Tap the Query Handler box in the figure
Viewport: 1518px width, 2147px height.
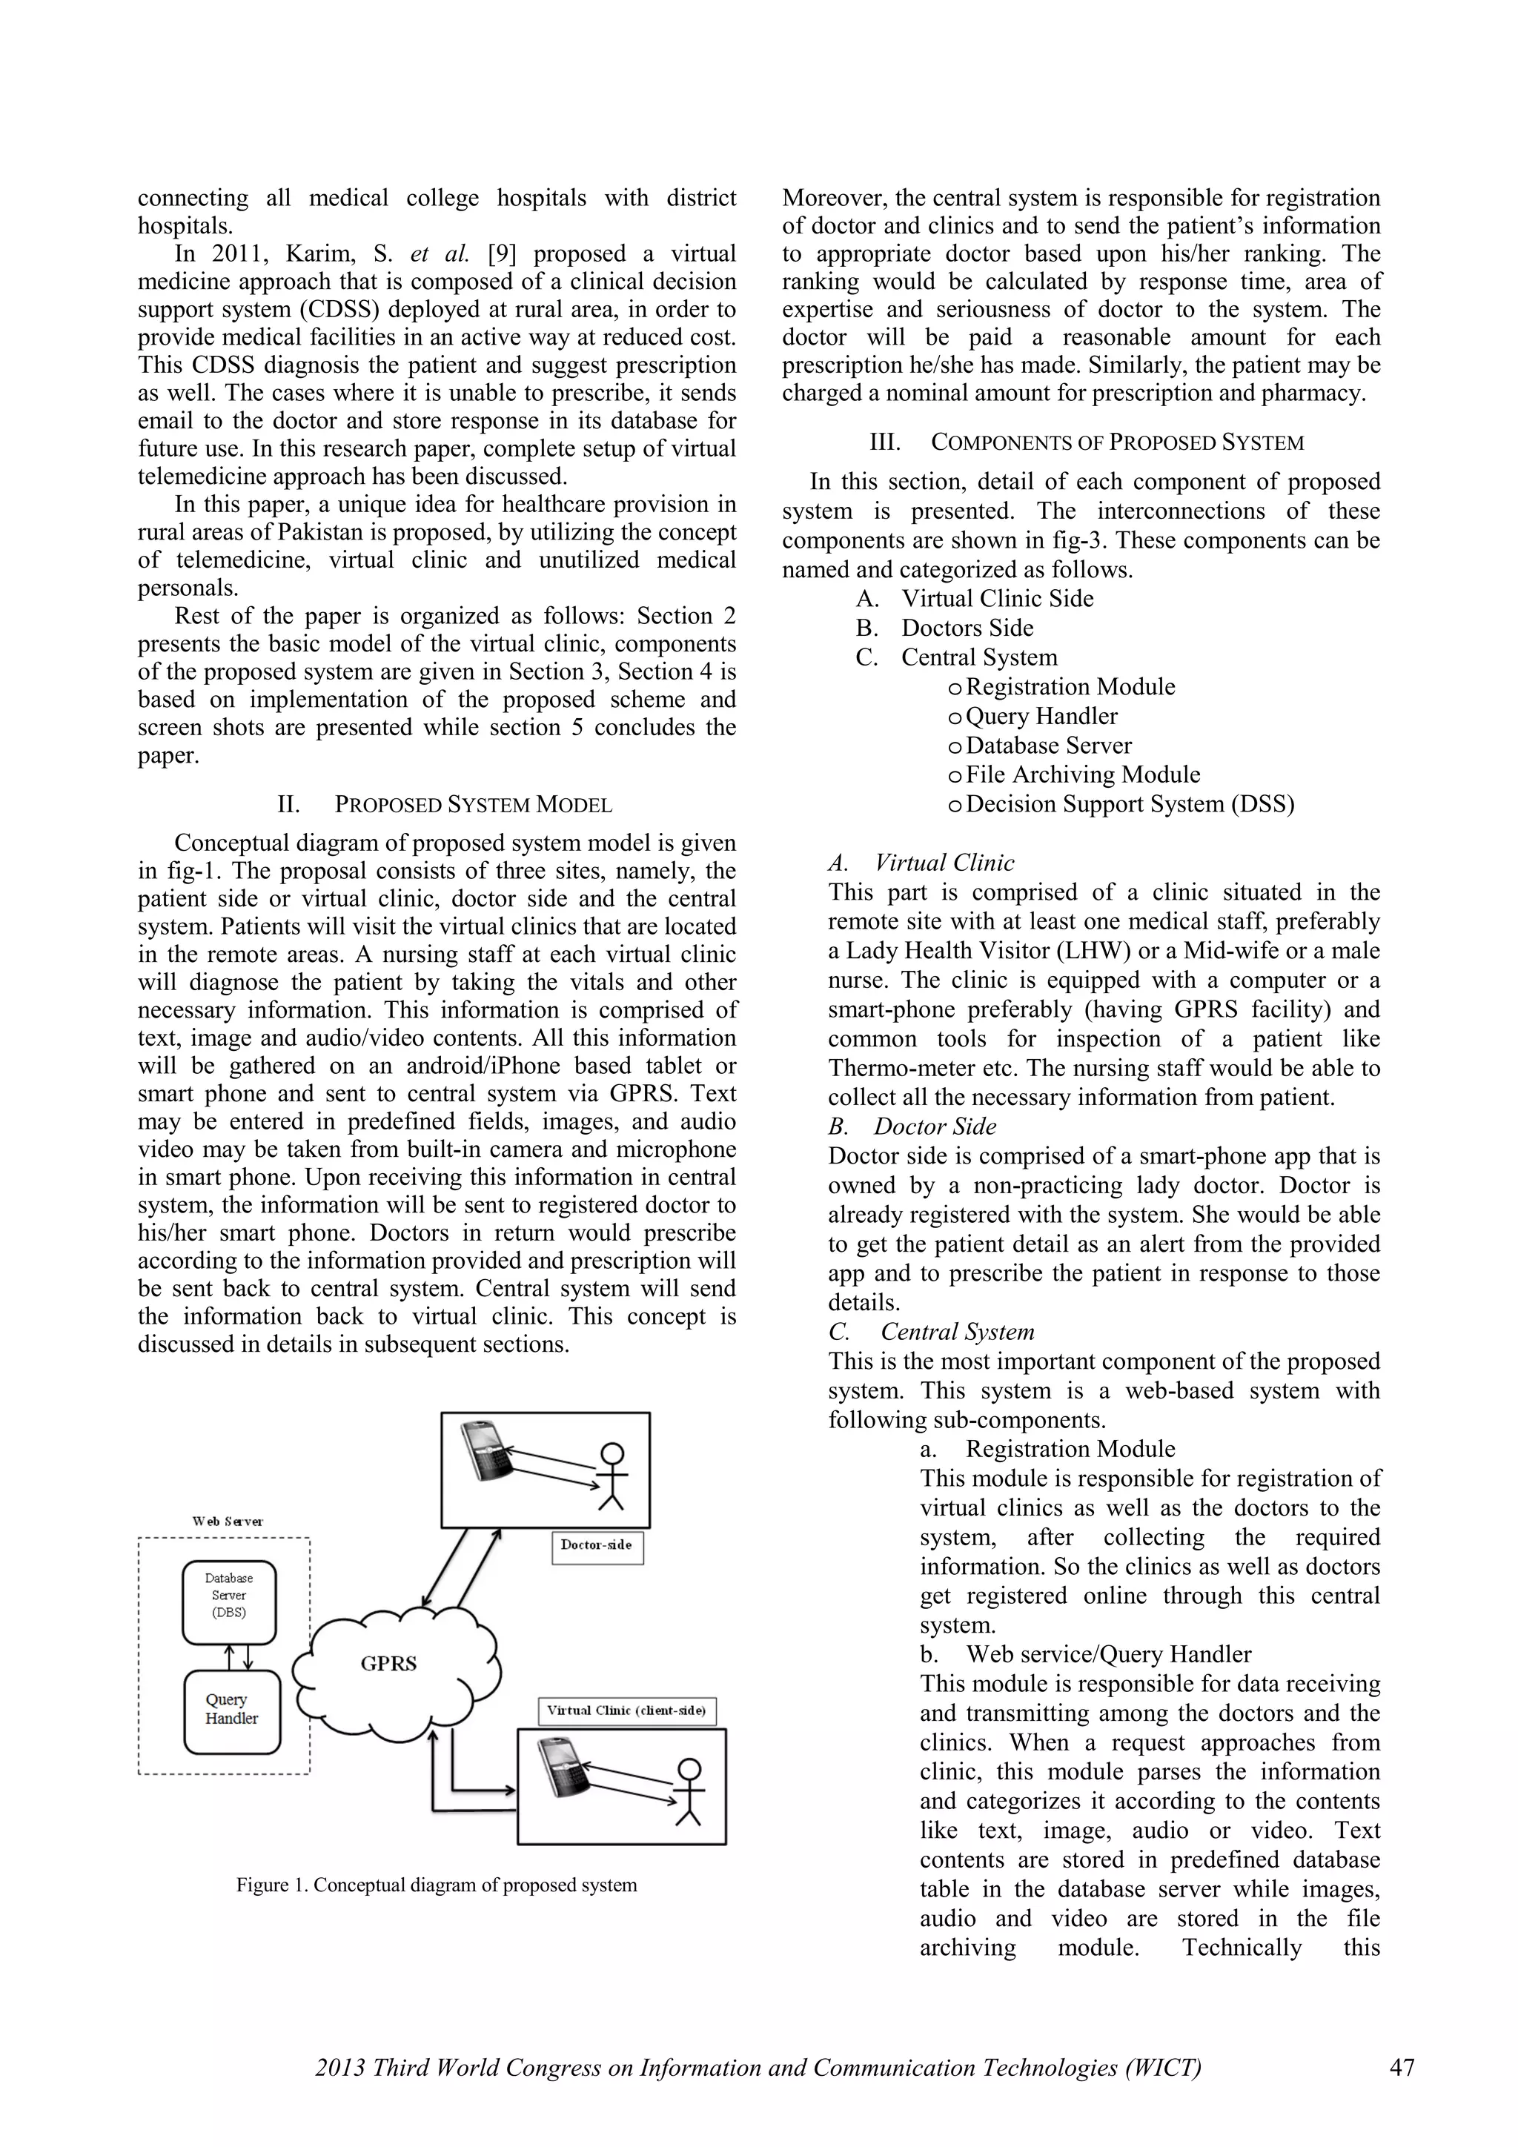pyautogui.click(x=232, y=1711)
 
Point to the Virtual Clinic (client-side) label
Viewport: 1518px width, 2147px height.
pyautogui.click(x=626, y=1710)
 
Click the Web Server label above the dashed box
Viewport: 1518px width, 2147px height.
pyautogui.click(x=228, y=1522)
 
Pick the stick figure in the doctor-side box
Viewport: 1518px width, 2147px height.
pyautogui.click(x=611, y=1476)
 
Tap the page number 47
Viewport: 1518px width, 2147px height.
pyautogui.click(x=1401, y=2066)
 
